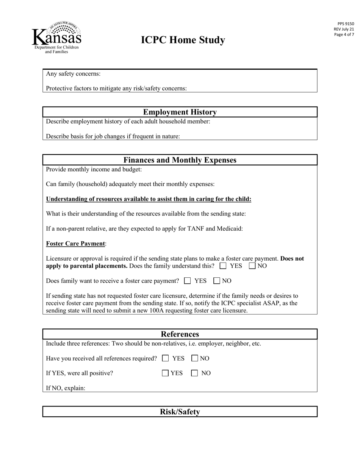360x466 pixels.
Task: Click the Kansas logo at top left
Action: click(56, 38)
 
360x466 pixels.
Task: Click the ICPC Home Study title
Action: click(183, 40)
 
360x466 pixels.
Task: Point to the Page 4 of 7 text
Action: click(344, 34)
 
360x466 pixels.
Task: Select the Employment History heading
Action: click(180, 112)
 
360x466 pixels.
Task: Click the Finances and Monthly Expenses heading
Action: click(180, 160)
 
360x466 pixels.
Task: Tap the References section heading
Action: click(180, 334)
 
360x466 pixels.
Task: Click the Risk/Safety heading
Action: click(180, 412)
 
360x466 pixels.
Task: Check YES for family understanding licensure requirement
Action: click(223, 266)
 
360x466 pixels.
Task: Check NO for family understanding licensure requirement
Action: click(252, 266)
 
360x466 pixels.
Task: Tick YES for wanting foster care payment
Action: click(188, 281)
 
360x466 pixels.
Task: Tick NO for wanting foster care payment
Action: click(217, 281)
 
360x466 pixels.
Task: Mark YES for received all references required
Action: click(166, 358)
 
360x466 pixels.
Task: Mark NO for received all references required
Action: click(195, 358)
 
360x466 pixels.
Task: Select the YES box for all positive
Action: click(166, 373)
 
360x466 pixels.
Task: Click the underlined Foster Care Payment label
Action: click(75, 244)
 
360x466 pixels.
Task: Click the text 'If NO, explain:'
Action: click(66, 388)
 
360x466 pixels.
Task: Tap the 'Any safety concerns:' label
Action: click(73, 73)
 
